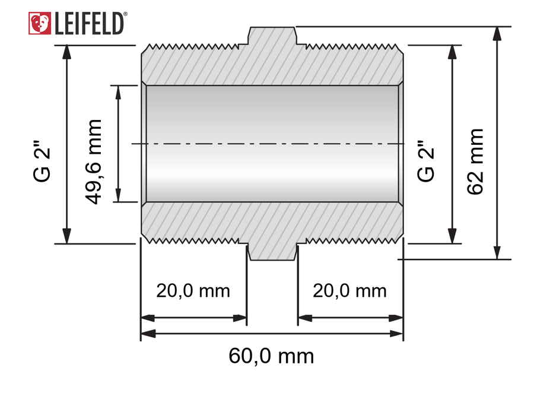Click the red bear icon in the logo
pyautogui.click(x=40, y=23)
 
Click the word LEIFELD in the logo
pyautogui.click(x=88, y=24)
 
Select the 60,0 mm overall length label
pyautogui.click(x=271, y=356)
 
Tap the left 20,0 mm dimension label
pyautogui.click(x=193, y=291)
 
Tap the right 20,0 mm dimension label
pyautogui.click(x=349, y=291)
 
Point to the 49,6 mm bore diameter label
pyautogui.click(x=93, y=162)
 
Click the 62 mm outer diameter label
pyautogui.click(x=475, y=162)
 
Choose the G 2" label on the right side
pyautogui.click(x=425, y=161)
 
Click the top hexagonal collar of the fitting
pyautogui.click(x=272, y=35)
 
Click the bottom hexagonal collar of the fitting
pyautogui.click(x=272, y=252)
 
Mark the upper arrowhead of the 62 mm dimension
pyautogui.click(x=497, y=33)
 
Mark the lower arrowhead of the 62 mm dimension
pyautogui.click(x=497, y=252)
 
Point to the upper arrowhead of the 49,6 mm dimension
pyautogui.click(x=118, y=92)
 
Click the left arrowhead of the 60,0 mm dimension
pyautogui.click(x=148, y=334)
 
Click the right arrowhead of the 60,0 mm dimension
pyautogui.click(x=396, y=334)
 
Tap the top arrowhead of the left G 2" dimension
pyautogui.click(x=67, y=52)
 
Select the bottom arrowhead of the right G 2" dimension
pyautogui.click(x=452, y=236)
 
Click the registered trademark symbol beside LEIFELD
pyautogui.click(x=125, y=14)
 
